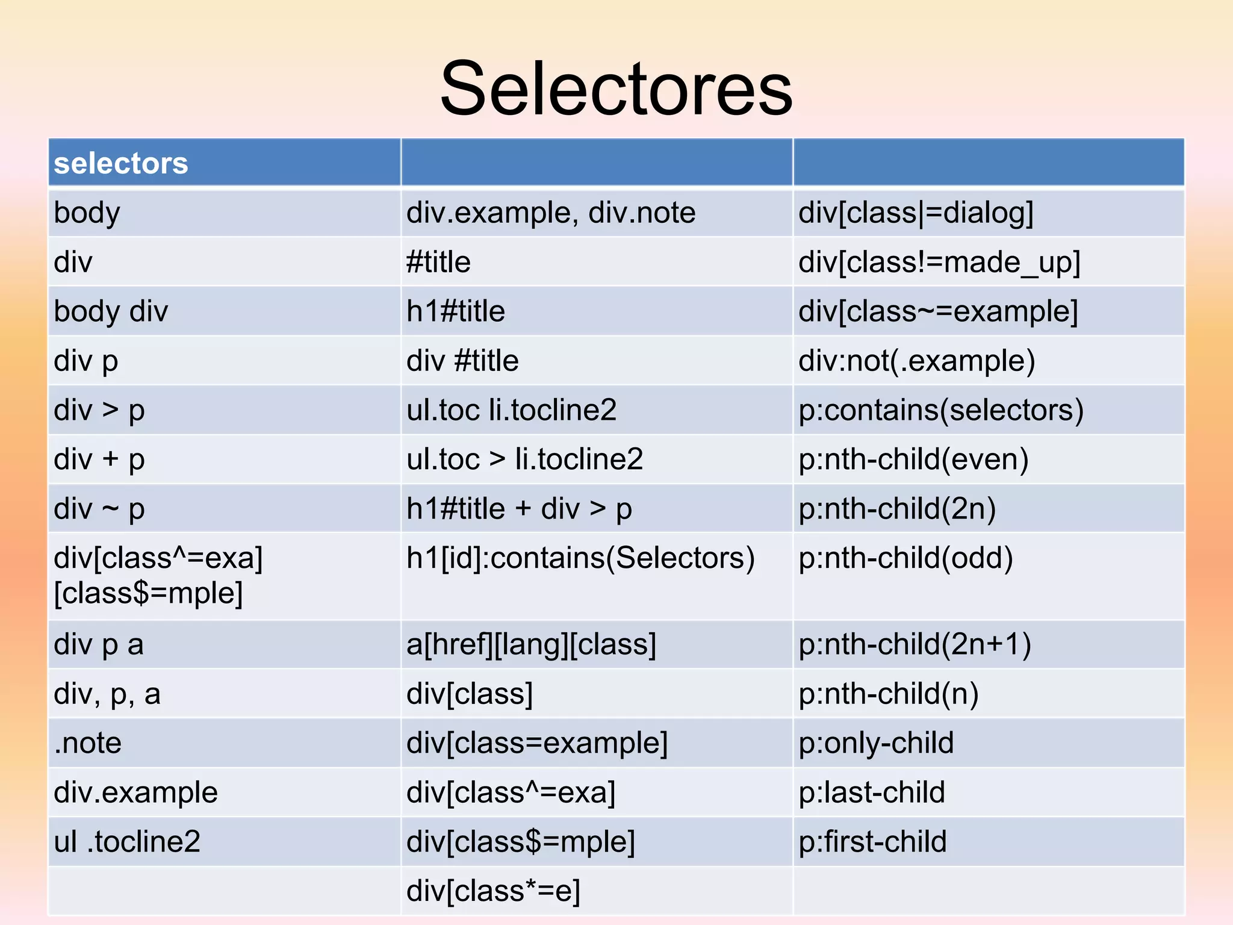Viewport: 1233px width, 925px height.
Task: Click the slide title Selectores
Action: (x=616, y=89)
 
